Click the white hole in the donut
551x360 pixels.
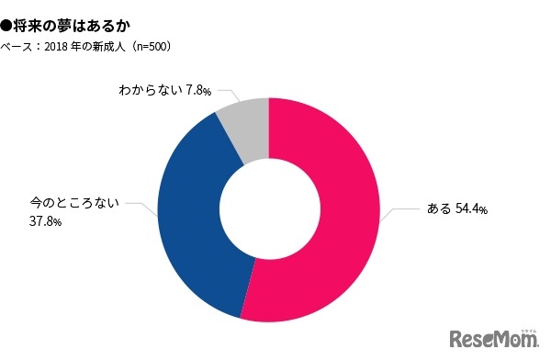point(268,208)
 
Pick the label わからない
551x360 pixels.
point(151,90)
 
